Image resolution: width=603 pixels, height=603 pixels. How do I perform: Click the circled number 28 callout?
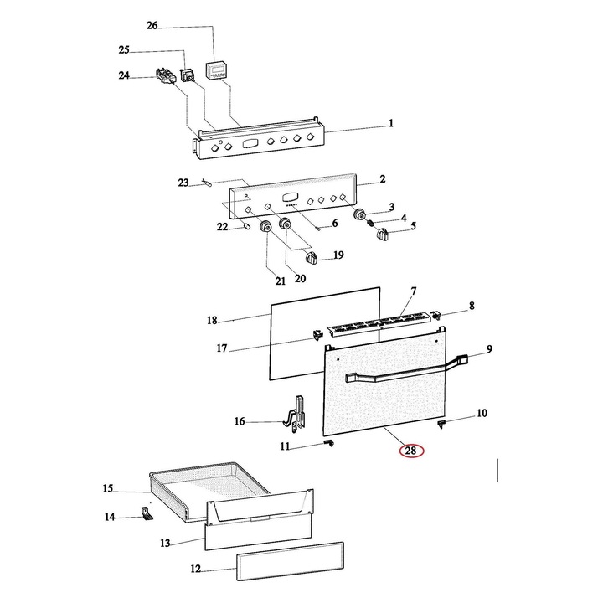tap(410, 451)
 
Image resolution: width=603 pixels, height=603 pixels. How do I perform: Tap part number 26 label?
tap(152, 27)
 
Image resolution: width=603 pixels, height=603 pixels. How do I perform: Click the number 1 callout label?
tap(390, 124)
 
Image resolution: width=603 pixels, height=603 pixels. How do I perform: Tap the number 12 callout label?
tap(195, 569)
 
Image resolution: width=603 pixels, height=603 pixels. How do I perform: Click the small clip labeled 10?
tap(441, 424)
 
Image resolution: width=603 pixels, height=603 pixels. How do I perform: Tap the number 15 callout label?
tap(108, 488)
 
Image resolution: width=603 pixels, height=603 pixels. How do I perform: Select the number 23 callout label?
tap(183, 182)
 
